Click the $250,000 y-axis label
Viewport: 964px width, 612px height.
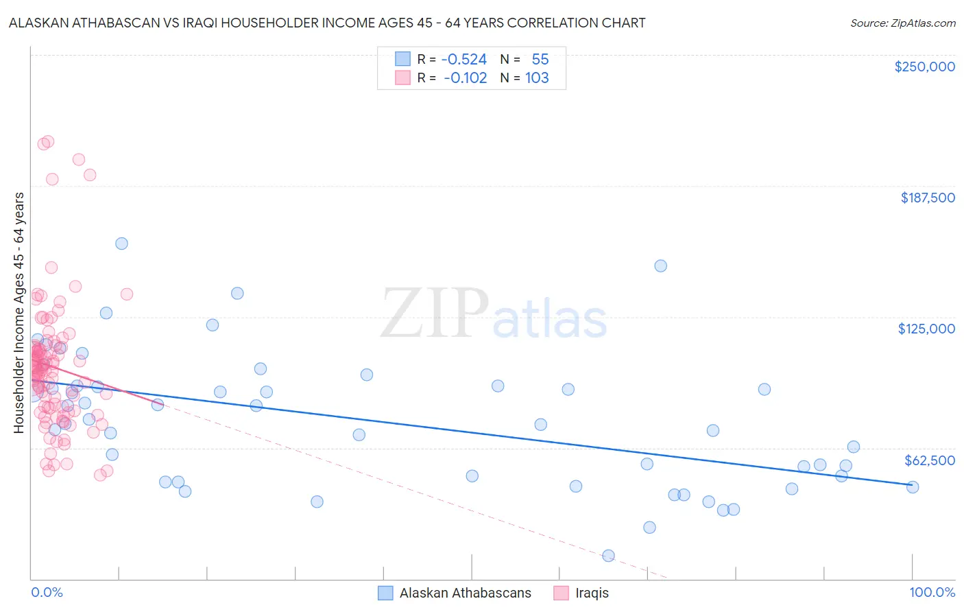point(924,67)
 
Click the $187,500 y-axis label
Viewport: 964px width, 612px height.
point(927,198)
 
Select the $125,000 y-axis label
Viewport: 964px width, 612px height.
point(926,329)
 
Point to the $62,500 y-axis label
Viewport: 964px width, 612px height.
point(930,460)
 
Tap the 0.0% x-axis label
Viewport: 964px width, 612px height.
point(47,592)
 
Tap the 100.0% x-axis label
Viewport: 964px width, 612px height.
point(932,592)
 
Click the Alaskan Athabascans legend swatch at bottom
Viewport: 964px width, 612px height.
point(386,593)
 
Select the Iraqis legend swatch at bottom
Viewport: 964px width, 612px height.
point(562,593)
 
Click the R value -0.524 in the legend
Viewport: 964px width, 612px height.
point(464,60)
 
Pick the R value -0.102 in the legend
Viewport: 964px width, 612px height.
point(466,78)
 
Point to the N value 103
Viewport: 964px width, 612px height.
point(537,78)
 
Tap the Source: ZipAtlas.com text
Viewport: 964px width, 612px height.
point(902,23)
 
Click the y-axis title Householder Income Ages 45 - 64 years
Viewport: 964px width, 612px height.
point(19,313)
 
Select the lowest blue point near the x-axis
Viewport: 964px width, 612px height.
point(608,556)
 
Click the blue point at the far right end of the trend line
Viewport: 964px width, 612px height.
point(913,487)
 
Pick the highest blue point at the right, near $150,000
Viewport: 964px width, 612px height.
point(660,266)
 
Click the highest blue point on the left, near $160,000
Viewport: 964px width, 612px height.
point(121,244)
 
